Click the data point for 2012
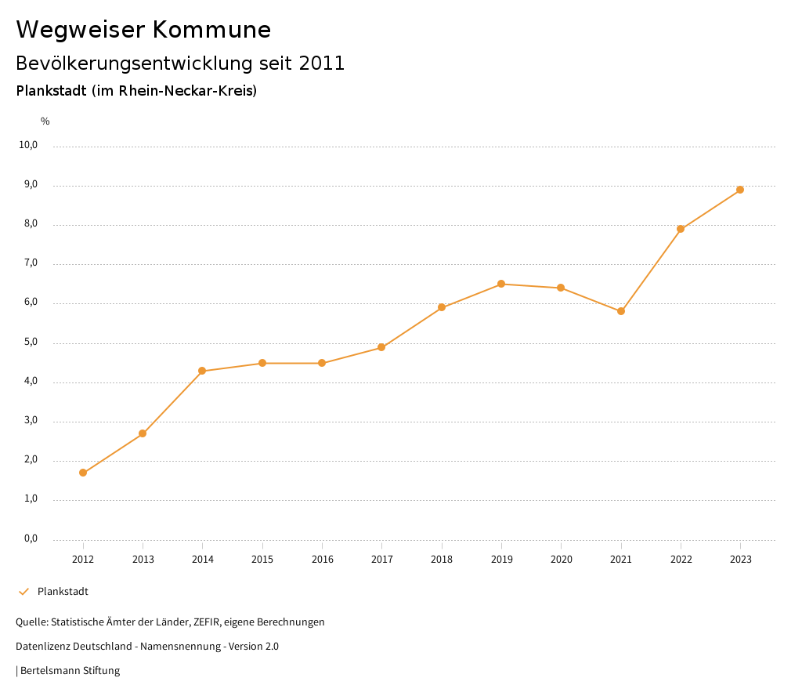click(83, 473)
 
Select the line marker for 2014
click(202, 371)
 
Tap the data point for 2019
click(501, 284)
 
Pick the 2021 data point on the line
click(621, 311)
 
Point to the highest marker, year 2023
click(740, 190)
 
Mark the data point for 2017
click(381, 347)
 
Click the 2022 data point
click(681, 229)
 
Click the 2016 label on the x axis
click(322, 560)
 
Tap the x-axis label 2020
click(561, 560)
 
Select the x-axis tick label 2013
click(143, 560)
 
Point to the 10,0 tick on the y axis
click(29, 145)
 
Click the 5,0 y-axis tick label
click(31, 342)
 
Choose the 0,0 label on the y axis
click(31, 538)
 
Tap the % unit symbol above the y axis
click(45, 121)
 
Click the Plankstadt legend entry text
click(63, 592)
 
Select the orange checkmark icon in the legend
click(23, 592)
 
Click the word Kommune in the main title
click(211, 30)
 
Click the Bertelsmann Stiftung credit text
click(70, 671)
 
